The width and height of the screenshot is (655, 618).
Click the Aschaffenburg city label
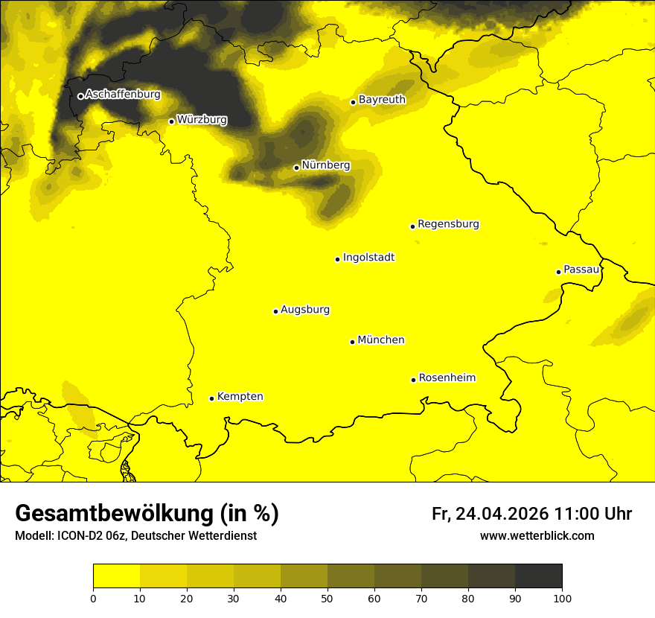[123, 95]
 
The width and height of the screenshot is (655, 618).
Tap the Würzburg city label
[202, 120]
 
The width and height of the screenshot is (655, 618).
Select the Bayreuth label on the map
[382, 100]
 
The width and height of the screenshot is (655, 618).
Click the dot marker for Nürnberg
[296, 168]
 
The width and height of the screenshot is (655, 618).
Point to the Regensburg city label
[448, 224]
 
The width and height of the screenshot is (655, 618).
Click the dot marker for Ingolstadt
[337, 259]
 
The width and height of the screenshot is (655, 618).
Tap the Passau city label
[581, 270]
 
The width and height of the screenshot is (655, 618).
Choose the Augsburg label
[305, 310]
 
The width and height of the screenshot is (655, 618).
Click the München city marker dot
[352, 342]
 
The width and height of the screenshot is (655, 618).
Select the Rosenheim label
[447, 378]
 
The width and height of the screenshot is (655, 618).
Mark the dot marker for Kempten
[211, 398]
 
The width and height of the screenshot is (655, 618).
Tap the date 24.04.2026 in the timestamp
[502, 514]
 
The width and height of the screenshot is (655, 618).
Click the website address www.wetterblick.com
[537, 536]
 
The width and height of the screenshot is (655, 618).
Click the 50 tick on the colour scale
[327, 598]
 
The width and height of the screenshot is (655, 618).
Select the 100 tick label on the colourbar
[562, 598]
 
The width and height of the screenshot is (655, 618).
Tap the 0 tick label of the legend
[93, 598]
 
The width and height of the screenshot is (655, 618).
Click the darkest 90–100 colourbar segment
[538, 576]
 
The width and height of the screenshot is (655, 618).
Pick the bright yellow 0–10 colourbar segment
[116, 576]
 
